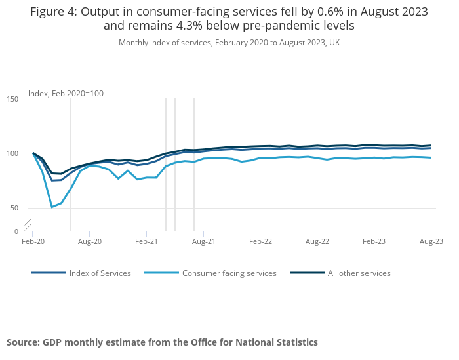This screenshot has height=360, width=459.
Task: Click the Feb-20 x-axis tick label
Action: [33, 242]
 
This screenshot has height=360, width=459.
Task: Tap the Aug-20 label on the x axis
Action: [90, 242]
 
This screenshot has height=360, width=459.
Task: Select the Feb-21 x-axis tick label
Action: [146, 242]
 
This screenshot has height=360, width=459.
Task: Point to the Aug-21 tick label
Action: [204, 242]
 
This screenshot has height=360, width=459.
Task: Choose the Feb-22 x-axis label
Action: [260, 242]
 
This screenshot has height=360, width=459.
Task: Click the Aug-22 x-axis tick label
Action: [317, 242]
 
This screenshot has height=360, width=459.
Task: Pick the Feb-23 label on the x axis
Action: [374, 242]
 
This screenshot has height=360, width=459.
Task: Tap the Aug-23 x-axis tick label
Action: [431, 242]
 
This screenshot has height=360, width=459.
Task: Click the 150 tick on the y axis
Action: [13, 99]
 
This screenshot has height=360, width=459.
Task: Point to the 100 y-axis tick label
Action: [13, 153]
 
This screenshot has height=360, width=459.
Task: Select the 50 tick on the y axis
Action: [15, 209]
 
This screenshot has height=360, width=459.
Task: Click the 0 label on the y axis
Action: [16, 231]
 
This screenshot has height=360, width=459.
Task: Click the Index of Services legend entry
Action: [100, 273]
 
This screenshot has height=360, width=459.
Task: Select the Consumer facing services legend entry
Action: [229, 273]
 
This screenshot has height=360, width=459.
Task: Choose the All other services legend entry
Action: [359, 273]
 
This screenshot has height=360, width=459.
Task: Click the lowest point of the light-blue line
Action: [52, 207]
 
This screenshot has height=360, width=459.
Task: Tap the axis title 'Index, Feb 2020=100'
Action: [66, 94]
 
